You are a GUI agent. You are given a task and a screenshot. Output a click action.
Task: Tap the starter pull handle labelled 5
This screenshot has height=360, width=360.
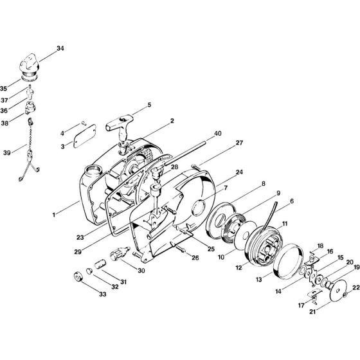(123, 120)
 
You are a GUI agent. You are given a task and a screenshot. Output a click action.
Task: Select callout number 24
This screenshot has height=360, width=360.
(221, 172)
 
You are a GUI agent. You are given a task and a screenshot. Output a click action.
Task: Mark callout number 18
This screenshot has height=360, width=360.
(319, 246)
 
